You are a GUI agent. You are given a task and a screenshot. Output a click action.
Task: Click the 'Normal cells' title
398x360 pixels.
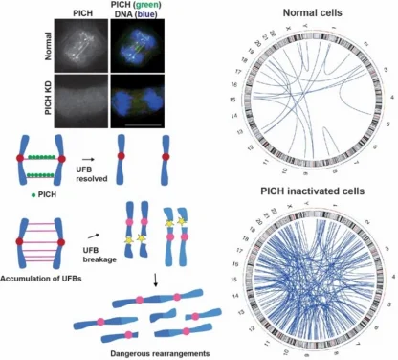313,14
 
